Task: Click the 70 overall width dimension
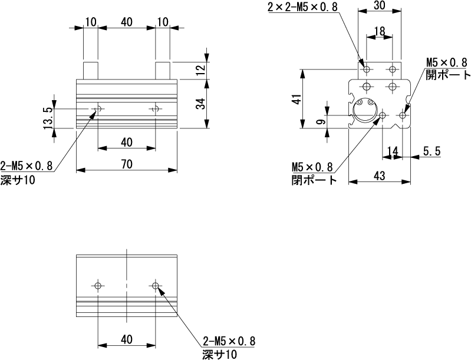(x=126, y=164)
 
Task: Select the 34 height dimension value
(x=200, y=104)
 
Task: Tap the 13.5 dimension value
(x=48, y=116)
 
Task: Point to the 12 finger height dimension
(x=200, y=70)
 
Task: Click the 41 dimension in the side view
(x=297, y=98)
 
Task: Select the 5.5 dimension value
(x=432, y=151)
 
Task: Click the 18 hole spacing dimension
(x=379, y=30)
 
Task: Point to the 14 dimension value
(x=391, y=151)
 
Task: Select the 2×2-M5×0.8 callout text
(x=302, y=7)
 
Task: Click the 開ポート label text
(x=448, y=75)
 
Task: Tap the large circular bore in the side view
(x=365, y=110)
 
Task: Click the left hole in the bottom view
(x=98, y=286)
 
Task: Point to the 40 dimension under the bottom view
(x=126, y=340)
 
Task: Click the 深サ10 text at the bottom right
(x=219, y=354)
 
